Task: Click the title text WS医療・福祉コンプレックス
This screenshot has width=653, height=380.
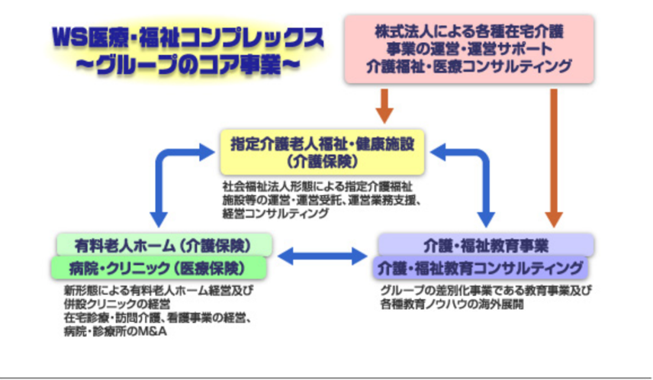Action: pyautogui.click(x=187, y=37)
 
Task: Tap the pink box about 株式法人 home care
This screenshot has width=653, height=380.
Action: pyautogui.click(x=468, y=48)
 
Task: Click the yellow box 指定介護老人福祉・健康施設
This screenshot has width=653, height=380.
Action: pyautogui.click(x=323, y=150)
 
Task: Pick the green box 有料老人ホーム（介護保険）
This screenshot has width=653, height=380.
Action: pyautogui.click(x=163, y=245)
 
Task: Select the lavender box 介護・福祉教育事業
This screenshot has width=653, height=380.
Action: pyautogui.click(x=486, y=245)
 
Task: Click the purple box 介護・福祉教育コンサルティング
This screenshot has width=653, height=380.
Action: pyautogui.click(x=481, y=268)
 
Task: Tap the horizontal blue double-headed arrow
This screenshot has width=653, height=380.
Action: pyautogui.click(x=323, y=256)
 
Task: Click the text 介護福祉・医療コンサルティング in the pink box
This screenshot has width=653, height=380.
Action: pyautogui.click(x=468, y=66)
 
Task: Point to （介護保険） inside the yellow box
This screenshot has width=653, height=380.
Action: pyautogui.click(x=323, y=161)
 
